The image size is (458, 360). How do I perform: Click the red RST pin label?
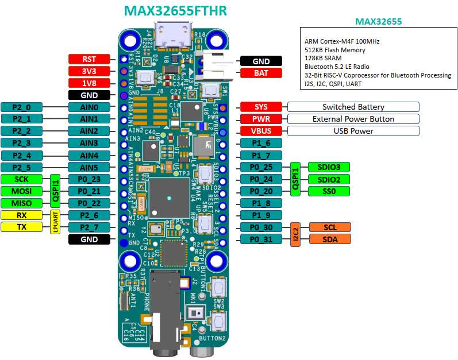(x=89, y=59)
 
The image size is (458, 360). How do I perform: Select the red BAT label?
(x=261, y=73)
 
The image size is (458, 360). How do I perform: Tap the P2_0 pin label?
(x=21, y=107)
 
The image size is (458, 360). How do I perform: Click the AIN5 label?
(x=89, y=167)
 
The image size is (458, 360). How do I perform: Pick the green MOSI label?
(x=21, y=191)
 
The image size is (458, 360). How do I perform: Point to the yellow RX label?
(x=21, y=215)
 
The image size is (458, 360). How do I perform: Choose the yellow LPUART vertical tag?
(x=56, y=221)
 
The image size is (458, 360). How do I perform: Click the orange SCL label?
(x=329, y=227)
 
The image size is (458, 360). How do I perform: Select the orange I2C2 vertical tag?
(x=295, y=233)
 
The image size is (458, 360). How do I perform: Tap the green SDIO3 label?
(x=329, y=167)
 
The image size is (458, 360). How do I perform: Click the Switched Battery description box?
(x=353, y=107)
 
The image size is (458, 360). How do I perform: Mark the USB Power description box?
(x=353, y=131)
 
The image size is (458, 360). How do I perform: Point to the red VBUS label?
(x=261, y=131)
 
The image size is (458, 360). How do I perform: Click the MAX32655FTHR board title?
(x=175, y=11)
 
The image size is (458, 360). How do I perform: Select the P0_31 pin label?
(x=261, y=239)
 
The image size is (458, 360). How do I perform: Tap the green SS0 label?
(x=329, y=191)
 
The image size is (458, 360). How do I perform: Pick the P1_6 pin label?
(x=261, y=143)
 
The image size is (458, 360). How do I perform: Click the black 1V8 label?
(x=89, y=83)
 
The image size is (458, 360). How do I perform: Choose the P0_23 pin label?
(x=89, y=179)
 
